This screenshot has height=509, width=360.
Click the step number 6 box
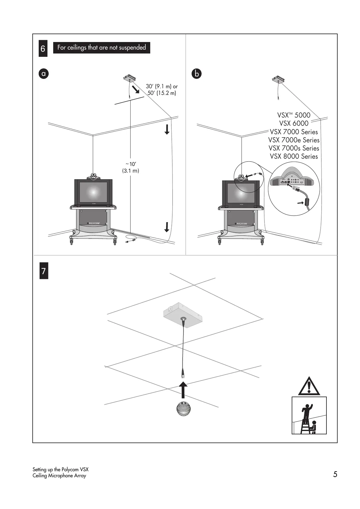point(43,49)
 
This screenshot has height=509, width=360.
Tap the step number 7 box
point(44,271)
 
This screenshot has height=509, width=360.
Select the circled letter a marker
point(44,73)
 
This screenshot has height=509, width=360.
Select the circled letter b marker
point(196,73)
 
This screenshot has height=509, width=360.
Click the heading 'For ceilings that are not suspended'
point(102,48)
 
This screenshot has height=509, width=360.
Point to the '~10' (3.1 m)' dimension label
point(131,167)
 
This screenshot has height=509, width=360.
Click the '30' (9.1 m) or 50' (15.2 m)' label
point(162,90)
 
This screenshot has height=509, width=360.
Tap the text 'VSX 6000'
point(294,123)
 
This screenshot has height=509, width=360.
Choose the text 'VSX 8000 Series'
point(294,157)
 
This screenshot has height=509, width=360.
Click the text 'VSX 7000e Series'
point(294,140)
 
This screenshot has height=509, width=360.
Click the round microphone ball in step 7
point(183,409)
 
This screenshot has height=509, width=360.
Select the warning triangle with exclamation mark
point(309,387)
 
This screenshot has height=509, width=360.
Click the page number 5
point(335,474)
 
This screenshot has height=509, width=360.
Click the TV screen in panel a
point(93,192)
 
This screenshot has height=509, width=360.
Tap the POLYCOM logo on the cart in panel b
point(241,224)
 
